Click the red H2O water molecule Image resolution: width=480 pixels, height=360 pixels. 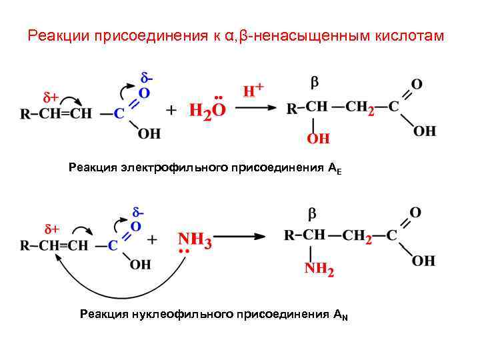[207, 111]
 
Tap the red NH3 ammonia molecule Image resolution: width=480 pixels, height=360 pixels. [195, 241]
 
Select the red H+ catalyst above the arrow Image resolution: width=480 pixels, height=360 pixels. [253, 90]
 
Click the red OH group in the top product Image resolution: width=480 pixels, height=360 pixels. [318, 139]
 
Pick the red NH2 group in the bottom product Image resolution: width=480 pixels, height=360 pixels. [319, 269]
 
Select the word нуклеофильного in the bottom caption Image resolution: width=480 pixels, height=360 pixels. [183, 313]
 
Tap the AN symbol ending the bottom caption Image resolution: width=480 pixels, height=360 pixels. [341, 315]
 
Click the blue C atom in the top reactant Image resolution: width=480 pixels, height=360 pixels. [119, 113]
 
